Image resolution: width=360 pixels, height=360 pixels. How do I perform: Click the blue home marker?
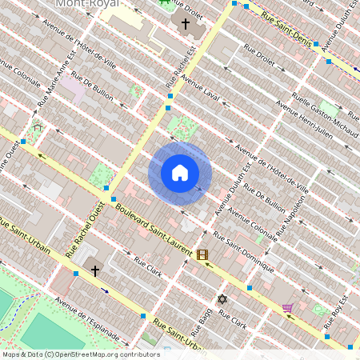pyautogui.click(x=180, y=172)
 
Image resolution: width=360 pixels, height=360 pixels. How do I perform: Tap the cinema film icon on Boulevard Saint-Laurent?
pyautogui.click(x=202, y=255)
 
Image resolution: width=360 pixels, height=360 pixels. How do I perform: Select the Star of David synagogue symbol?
pyautogui.click(x=222, y=299)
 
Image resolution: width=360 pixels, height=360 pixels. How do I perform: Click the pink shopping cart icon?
pyautogui.click(x=287, y=307)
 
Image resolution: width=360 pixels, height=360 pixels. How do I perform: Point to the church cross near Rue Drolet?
pyautogui.click(x=186, y=24)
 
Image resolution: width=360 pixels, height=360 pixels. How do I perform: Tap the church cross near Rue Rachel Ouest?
pyautogui.click(x=95, y=270)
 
